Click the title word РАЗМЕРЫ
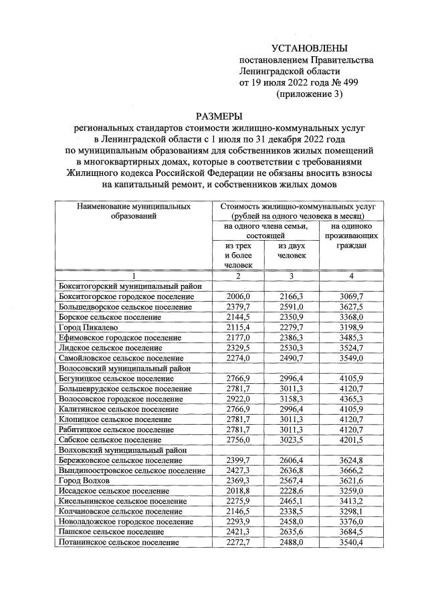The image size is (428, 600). click(214, 115)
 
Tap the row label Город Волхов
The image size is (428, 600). click(84, 480)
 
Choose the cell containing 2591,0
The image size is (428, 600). click(292, 306)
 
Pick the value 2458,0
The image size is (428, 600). click(292, 521)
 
